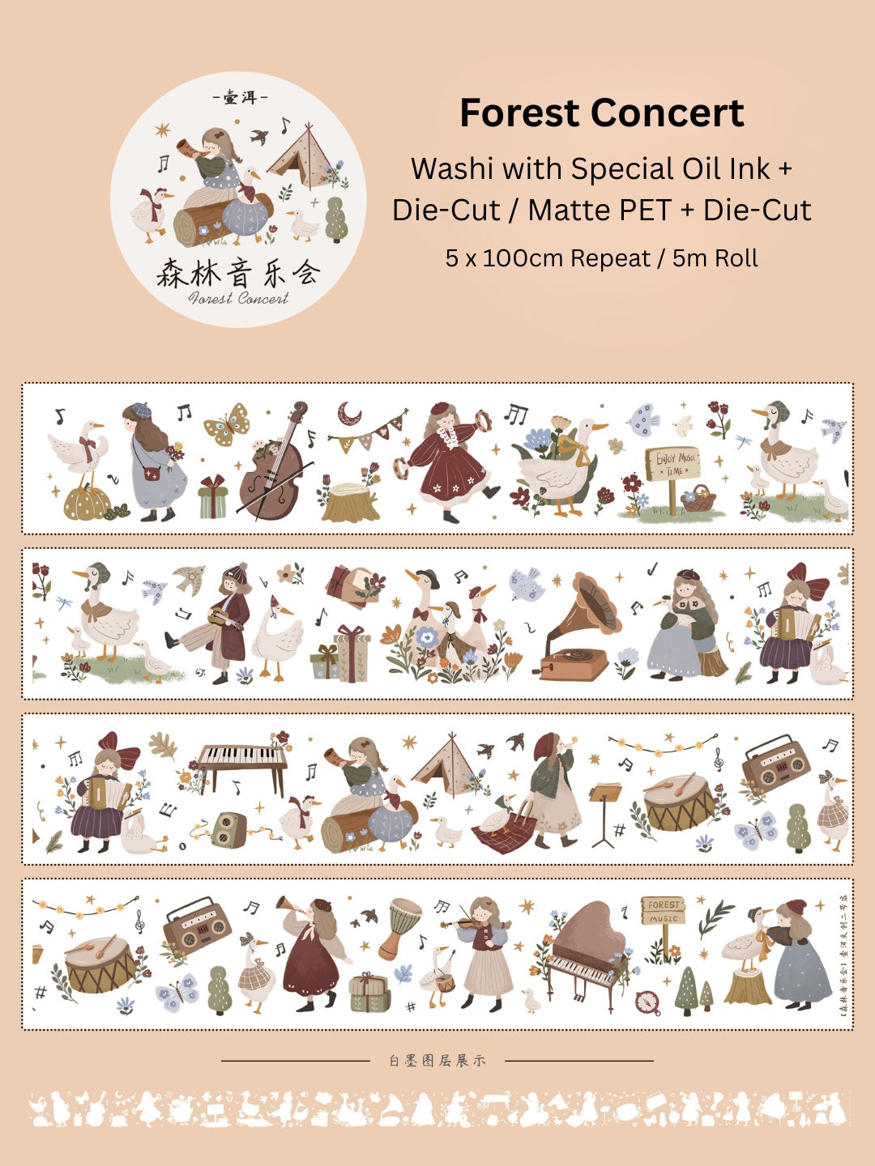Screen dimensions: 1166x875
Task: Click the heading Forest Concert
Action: pos(601,113)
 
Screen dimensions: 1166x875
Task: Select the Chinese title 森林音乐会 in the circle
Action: pos(238,273)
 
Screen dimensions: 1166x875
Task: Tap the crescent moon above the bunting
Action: pos(350,414)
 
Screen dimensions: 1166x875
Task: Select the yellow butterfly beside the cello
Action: pos(226,423)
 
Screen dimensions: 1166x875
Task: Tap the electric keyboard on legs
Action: pos(242,760)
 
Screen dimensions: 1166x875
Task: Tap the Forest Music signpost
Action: pos(663,912)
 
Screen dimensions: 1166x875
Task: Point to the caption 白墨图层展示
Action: pos(437,1061)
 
